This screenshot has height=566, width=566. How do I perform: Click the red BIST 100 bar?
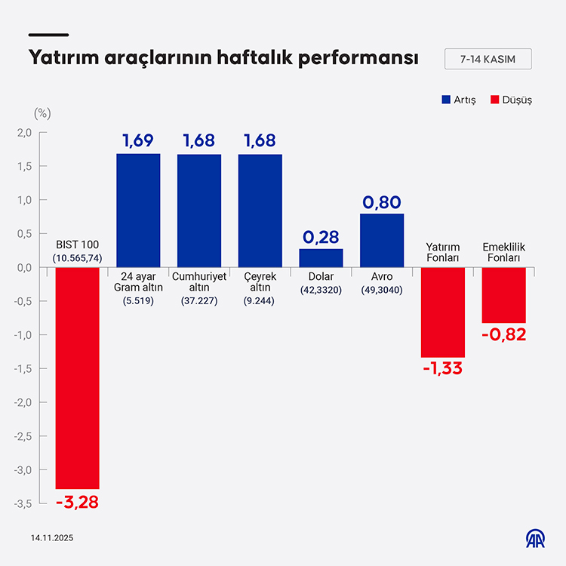pos(77,378)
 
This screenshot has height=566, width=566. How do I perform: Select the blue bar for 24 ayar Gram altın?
pos(138,211)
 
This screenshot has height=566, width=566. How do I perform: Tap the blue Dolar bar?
pos(321,258)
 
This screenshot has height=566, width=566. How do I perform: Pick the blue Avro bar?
pos(382,241)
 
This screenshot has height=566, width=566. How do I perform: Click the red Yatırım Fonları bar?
pos(443,312)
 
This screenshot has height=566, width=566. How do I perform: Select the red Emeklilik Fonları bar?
pos(503,295)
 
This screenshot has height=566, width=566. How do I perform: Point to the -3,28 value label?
pos(77,502)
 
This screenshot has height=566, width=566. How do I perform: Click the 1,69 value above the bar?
pos(138,140)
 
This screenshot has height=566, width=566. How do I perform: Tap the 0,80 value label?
pos(382,201)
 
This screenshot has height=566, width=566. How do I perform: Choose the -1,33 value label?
pos(443,369)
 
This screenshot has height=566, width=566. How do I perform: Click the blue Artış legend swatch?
pos(445,100)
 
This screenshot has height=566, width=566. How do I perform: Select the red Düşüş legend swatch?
pos(495,100)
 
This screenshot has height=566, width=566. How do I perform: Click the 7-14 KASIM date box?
pos(488,59)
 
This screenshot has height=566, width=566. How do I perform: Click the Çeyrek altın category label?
pos(260,281)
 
